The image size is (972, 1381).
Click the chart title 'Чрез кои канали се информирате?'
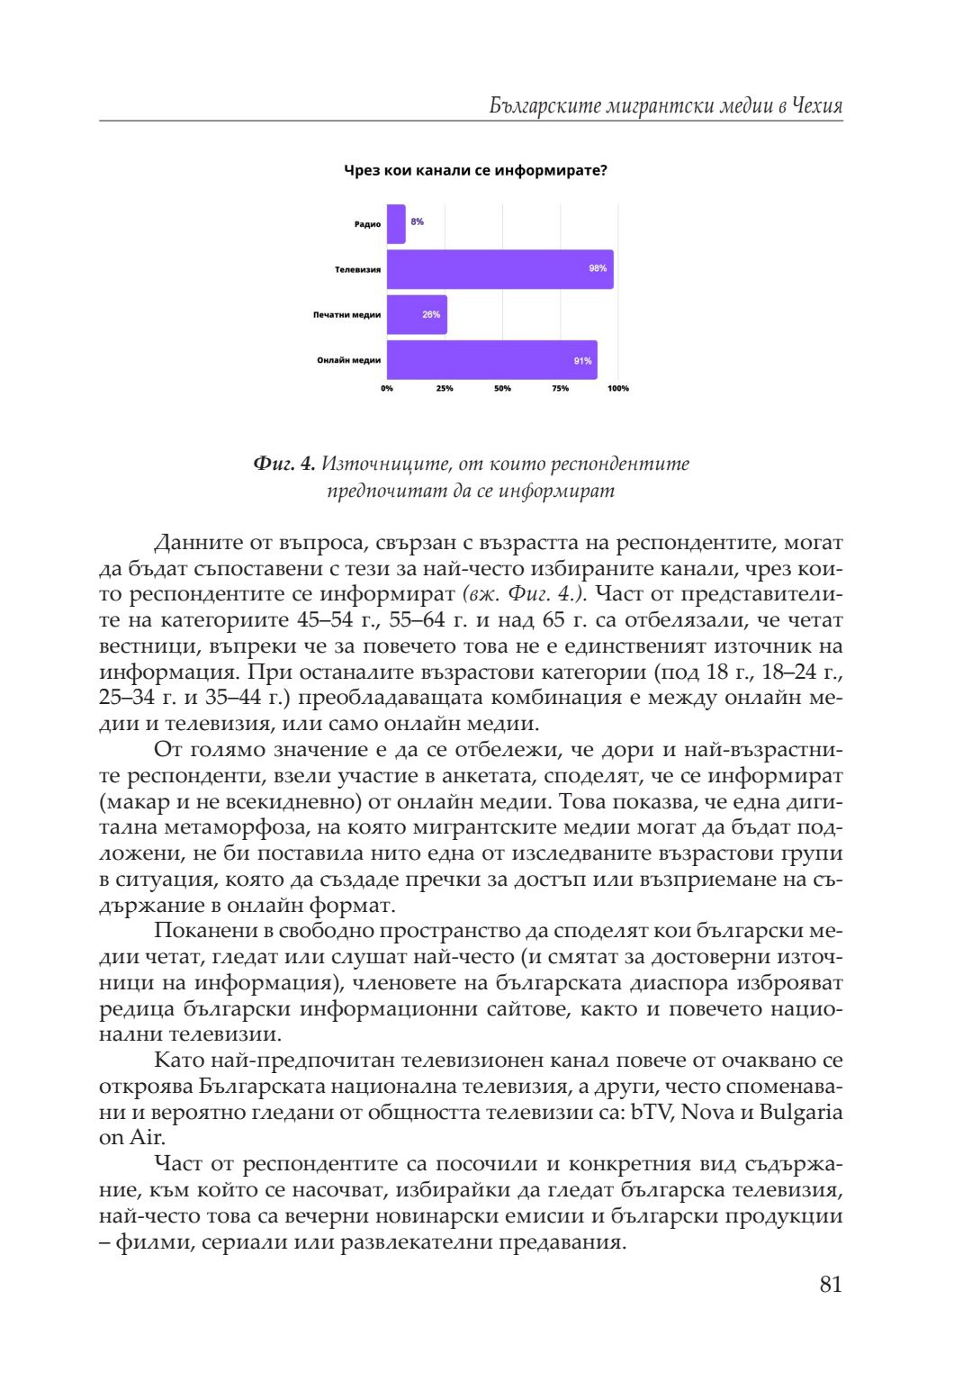475,170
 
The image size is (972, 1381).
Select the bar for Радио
396,223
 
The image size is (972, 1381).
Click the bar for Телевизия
499,269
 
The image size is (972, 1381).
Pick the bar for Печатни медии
417,315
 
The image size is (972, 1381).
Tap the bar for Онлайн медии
491,360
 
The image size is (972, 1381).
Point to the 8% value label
418,221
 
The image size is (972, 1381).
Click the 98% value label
598,268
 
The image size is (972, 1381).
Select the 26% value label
431,315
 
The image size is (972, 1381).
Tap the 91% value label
582,361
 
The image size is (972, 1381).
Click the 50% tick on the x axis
502,389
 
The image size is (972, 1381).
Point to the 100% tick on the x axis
618,389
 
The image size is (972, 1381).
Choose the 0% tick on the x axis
387,389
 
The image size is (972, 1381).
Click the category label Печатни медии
346,315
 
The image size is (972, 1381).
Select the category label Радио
367,224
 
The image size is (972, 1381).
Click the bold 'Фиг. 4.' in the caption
284,464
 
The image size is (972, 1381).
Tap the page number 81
831,1285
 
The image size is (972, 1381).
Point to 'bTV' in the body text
652,1112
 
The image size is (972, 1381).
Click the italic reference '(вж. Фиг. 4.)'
525,594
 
